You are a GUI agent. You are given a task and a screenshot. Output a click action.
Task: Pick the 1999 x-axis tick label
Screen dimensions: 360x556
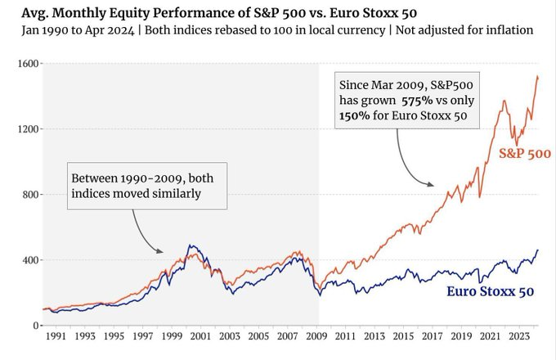coord(171,336)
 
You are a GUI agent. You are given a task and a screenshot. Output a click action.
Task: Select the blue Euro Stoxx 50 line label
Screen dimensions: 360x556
coord(491,292)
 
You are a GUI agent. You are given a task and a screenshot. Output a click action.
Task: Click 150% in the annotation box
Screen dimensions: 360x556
coord(353,116)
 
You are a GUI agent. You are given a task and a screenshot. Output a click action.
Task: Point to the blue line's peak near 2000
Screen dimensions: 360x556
coord(190,245)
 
